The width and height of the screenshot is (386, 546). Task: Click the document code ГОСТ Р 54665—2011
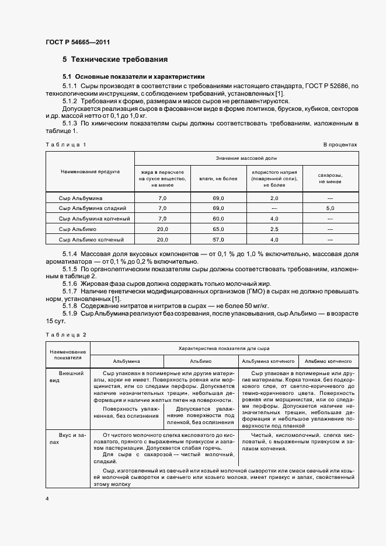[77, 42]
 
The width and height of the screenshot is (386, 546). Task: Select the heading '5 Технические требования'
[115, 60]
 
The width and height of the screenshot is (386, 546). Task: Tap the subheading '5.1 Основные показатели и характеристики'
[134, 76]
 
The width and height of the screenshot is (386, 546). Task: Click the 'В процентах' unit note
[340, 144]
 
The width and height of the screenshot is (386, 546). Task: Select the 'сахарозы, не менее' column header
[330, 178]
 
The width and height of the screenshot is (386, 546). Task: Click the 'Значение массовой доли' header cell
[246, 159]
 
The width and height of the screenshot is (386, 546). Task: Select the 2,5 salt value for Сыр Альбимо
[274, 229]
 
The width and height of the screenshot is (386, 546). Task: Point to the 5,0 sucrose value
[330, 208]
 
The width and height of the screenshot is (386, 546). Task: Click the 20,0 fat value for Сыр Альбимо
[163, 229]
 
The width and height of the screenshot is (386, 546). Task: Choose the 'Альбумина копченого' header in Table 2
[269, 361]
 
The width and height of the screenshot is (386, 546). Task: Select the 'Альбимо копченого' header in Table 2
[328, 361]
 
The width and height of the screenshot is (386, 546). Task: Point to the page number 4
[47, 499]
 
